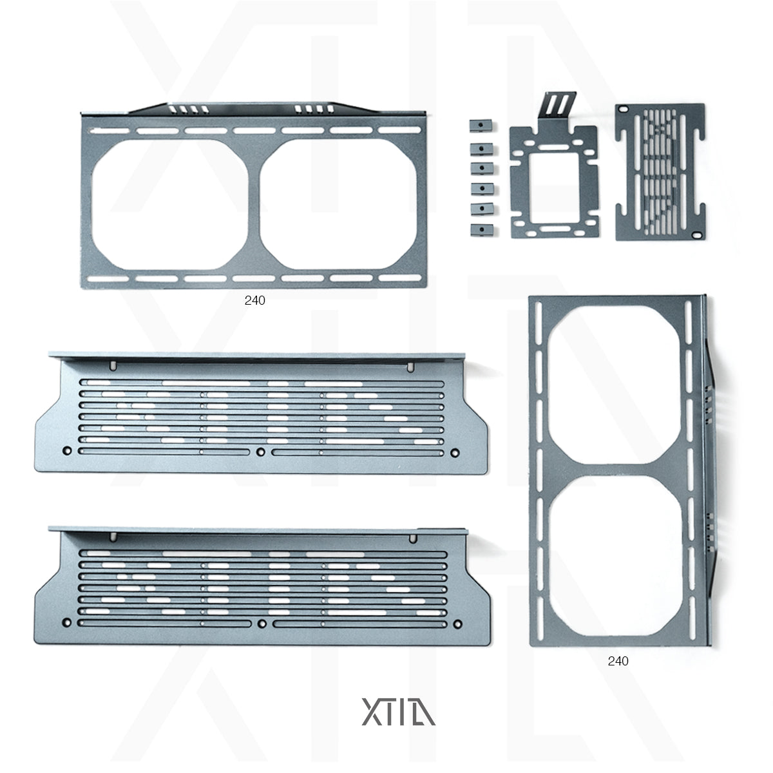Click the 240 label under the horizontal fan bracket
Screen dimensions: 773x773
tap(254, 300)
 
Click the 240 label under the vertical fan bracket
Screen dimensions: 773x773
tap(618, 661)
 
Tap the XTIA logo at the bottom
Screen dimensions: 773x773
tap(399, 709)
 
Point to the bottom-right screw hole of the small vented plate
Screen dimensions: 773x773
tap(696, 235)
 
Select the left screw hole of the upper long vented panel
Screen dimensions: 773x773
tap(67, 450)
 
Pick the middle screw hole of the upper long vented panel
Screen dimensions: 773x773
tap(260, 450)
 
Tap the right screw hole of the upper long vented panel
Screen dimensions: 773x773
tap(456, 451)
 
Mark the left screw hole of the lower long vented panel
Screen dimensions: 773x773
tap(67, 623)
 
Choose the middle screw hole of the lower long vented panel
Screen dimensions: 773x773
tap(261, 624)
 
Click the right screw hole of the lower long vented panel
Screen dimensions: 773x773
tap(457, 624)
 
